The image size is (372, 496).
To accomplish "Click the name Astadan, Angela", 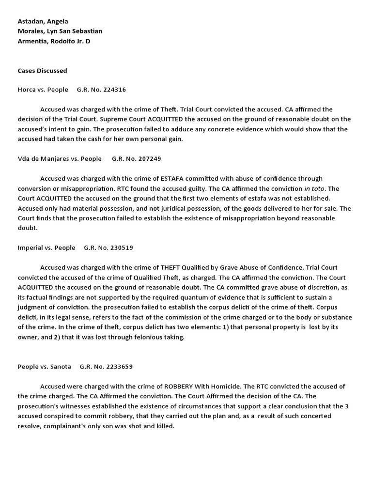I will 43,21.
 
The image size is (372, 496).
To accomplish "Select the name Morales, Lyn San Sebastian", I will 60,31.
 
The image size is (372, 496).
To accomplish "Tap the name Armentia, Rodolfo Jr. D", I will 54,41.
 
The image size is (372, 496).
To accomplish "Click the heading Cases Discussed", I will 42,71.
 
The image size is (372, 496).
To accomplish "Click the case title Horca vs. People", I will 43,90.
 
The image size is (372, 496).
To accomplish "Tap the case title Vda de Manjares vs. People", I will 60,158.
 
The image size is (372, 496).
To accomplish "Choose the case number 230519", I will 122,248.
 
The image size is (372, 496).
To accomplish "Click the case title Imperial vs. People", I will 46,248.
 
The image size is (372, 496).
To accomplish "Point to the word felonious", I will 150,337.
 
